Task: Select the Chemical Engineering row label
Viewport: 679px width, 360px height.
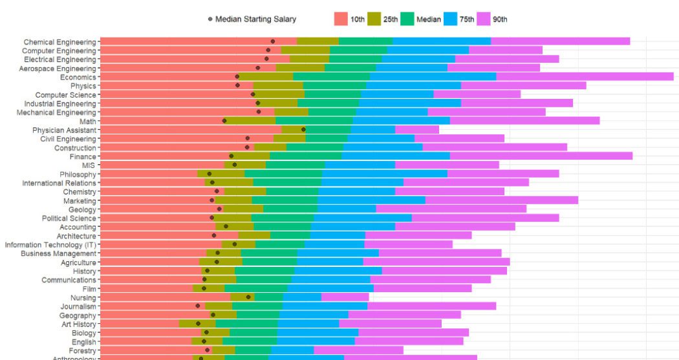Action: pos(59,42)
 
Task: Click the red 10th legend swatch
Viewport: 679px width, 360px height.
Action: pos(341,19)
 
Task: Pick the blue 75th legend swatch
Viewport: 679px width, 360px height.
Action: pos(451,19)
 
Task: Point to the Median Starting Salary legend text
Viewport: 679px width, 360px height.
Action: pos(255,19)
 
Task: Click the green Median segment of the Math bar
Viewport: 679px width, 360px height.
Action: pos(314,121)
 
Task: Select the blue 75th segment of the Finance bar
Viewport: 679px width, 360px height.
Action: pos(396,156)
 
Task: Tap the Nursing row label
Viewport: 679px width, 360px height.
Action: pos(83,298)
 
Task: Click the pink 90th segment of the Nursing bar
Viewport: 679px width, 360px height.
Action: pos(345,297)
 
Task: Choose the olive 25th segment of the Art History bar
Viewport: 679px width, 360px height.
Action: pos(197,324)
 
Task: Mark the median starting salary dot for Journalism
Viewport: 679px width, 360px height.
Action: pos(198,306)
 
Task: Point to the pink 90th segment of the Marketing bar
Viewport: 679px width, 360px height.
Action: pos(501,200)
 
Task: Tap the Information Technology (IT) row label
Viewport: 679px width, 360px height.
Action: pos(50,245)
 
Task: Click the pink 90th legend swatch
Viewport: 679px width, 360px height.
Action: pos(484,19)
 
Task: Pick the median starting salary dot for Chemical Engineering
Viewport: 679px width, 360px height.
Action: pos(273,41)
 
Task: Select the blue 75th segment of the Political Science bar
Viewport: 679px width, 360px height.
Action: pos(362,218)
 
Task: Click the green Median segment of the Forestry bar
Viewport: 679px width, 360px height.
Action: pos(253,350)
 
